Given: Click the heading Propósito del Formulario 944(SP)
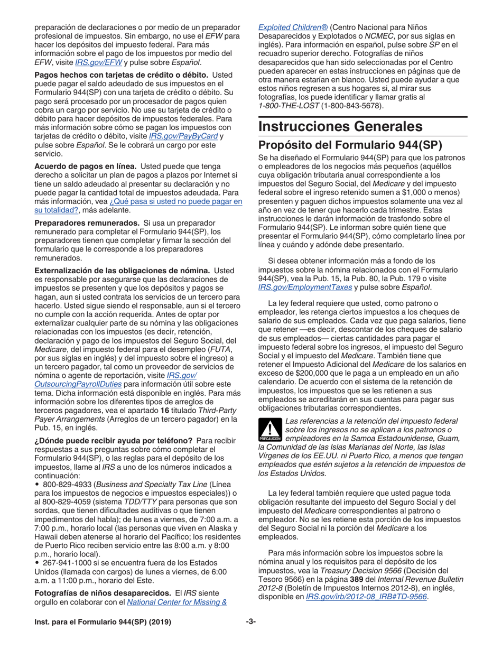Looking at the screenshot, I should click(350, 145).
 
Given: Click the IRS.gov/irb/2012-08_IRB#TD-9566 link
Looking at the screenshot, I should click(366, 597).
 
